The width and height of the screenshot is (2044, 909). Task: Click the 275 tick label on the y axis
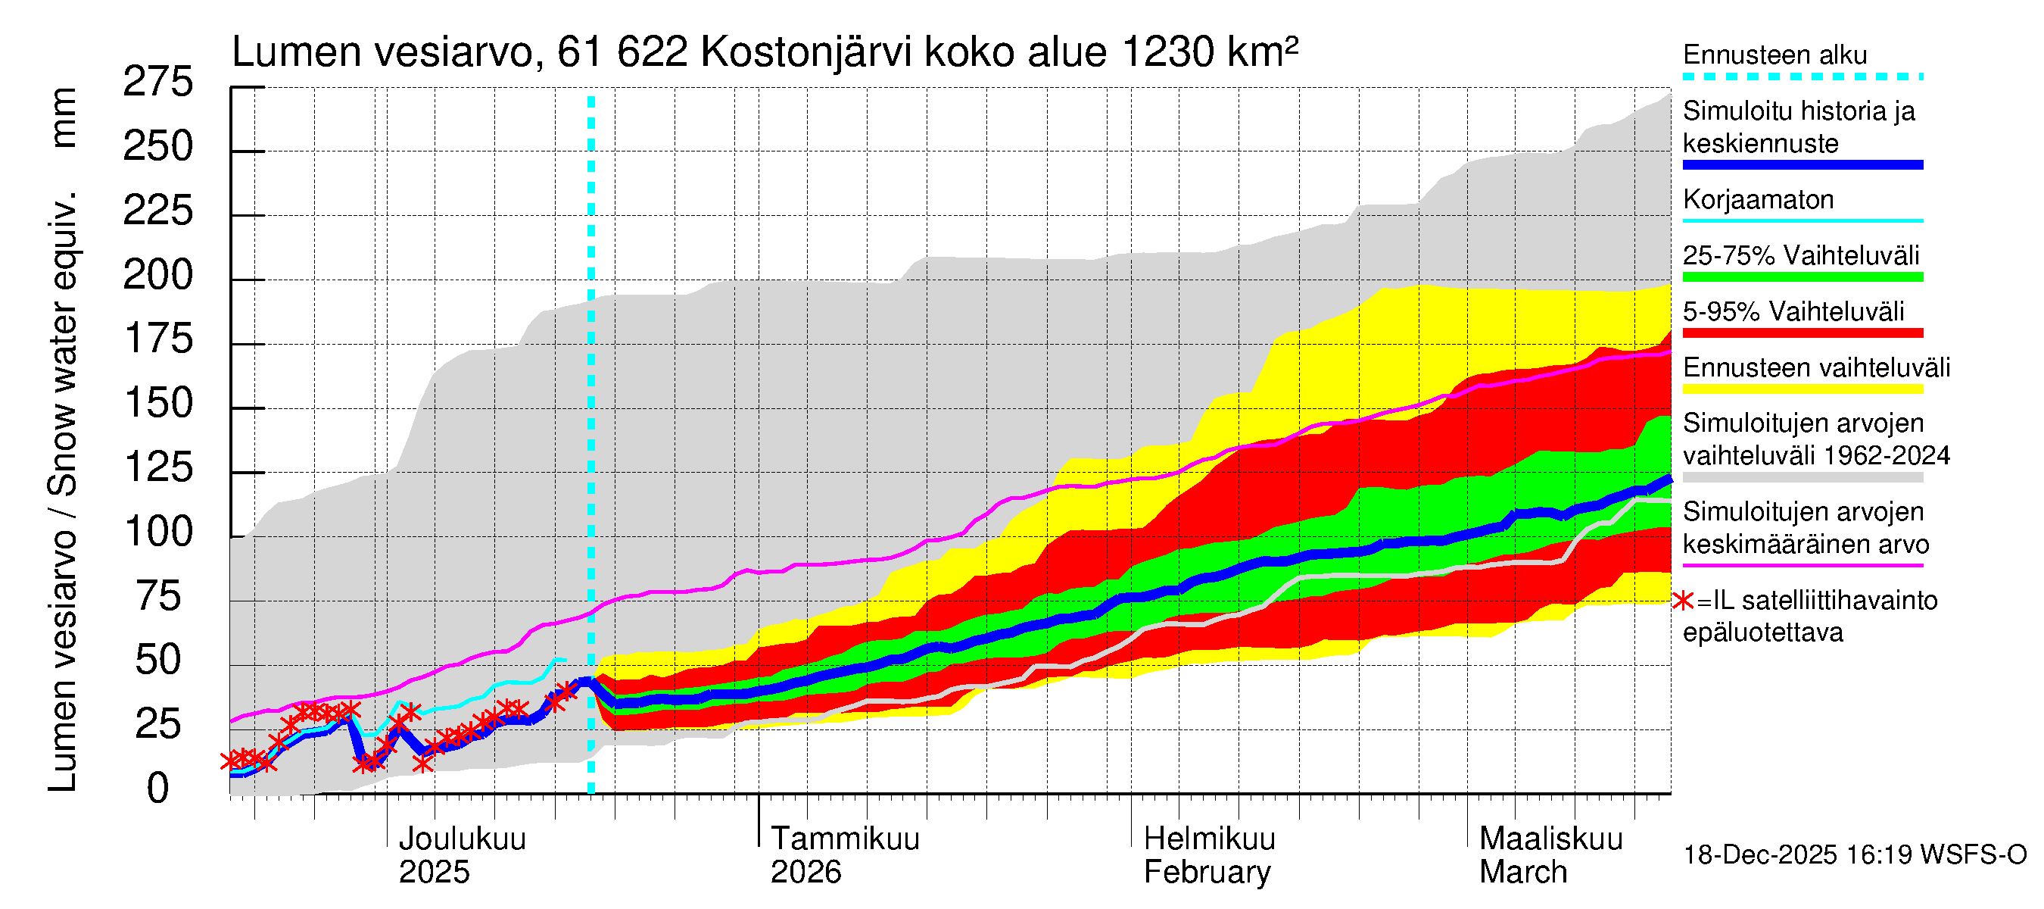157,82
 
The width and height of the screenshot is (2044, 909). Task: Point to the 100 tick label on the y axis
159,531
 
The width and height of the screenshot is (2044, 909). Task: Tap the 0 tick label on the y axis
158,789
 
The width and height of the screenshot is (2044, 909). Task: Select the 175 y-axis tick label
159,339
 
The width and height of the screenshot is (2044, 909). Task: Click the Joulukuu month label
462,839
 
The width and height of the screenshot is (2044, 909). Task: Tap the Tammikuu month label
844,839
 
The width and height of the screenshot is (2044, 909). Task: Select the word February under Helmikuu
1206,872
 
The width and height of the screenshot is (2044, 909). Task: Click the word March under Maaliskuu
1522,872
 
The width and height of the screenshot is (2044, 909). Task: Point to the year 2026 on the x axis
805,872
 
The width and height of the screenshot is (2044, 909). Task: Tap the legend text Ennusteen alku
1774,55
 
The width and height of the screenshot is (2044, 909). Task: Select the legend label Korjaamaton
1758,199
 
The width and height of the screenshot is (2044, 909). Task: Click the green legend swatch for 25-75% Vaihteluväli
1802,277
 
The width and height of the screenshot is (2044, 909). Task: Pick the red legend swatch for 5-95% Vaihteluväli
1802,333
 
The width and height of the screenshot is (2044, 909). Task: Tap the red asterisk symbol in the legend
1681,601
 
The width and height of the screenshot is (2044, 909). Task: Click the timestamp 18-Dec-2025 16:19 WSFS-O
1854,855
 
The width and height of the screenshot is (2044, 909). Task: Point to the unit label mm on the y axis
63,117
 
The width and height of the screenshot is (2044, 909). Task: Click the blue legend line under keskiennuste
1802,165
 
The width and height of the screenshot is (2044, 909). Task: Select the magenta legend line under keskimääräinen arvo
1802,565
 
